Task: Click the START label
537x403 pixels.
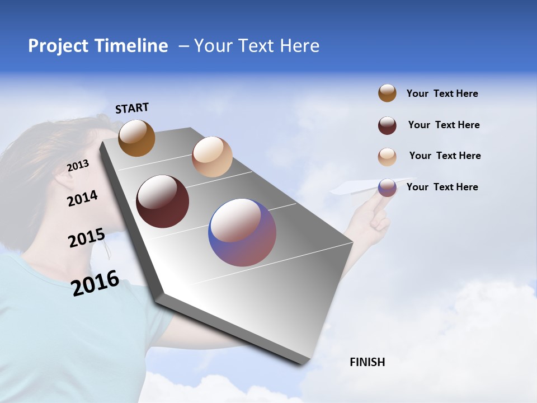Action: point(132,108)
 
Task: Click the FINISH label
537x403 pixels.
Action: point(367,362)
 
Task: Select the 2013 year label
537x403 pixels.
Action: point(78,166)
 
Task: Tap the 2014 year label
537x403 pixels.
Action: point(82,199)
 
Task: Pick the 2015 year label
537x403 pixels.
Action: point(86,238)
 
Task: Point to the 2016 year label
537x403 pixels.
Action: point(95,283)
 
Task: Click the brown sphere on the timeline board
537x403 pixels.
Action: point(136,138)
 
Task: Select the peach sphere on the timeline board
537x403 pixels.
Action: point(212,157)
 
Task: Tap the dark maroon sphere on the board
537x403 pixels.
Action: point(162,201)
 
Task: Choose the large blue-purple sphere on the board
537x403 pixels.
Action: point(242,233)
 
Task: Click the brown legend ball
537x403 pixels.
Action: point(387,93)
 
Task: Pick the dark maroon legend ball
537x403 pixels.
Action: point(387,125)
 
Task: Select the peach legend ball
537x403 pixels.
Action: point(387,157)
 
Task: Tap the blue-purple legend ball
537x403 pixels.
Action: point(387,188)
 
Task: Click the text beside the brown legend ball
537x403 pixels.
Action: point(442,93)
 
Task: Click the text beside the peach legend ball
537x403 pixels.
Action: point(445,156)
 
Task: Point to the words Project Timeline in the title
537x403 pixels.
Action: point(98,46)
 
